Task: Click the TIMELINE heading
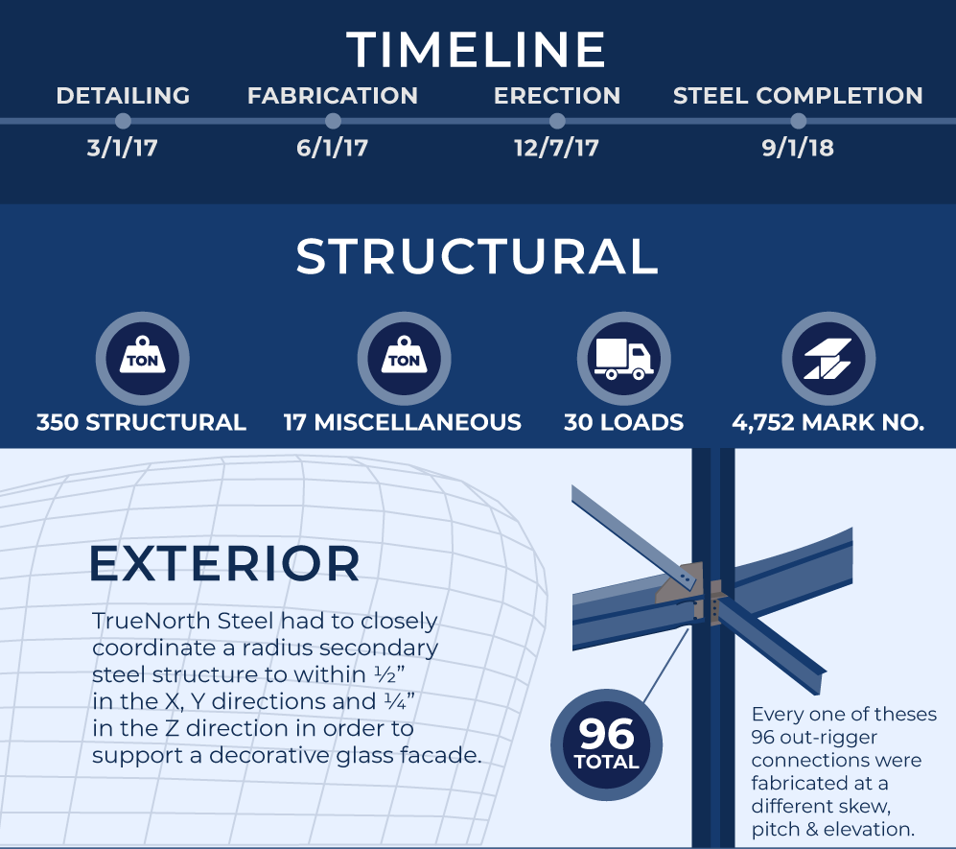tap(477, 49)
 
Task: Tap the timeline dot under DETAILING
tap(123, 121)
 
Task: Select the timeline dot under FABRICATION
tap(333, 121)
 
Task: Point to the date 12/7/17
tap(556, 148)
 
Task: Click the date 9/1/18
tap(798, 148)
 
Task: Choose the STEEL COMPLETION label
tap(798, 96)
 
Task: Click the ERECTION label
tap(557, 96)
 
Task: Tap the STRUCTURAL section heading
tap(477, 256)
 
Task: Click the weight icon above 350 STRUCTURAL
tap(143, 358)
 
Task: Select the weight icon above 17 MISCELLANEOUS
tap(405, 358)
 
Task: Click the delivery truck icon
tap(624, 358)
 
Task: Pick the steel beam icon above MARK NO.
tap(828, 358)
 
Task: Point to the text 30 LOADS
tap(623, 422)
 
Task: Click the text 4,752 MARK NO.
tap(828, 422)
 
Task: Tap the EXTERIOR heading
tap(224, 563)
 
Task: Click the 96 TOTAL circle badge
tap(606, 744)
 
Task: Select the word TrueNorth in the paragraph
tap(152, 621)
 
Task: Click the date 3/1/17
tap(123, 148)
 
